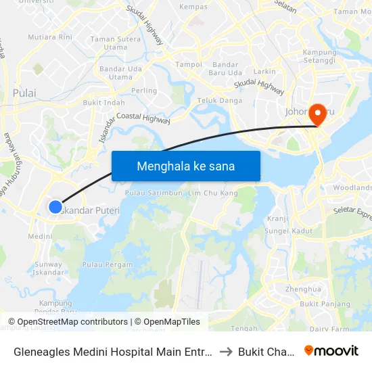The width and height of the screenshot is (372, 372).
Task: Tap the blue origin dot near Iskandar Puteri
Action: click(x=55, y=207)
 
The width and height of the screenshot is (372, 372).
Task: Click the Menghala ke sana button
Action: click(x=186, y=166)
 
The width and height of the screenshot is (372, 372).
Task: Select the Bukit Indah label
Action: click(x=103, y=103)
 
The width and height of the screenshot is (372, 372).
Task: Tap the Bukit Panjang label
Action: click(x=317, y=304)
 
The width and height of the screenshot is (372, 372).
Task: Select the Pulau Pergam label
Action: click(x=107, y=264)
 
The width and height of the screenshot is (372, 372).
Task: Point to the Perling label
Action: click(x=144, y=91)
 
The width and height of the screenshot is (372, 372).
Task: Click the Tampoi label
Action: click(x=189, y=65)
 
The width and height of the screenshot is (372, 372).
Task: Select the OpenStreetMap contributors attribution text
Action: click(x=68, y=322)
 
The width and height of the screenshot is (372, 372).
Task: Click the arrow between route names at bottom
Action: click(x=225, y=351)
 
